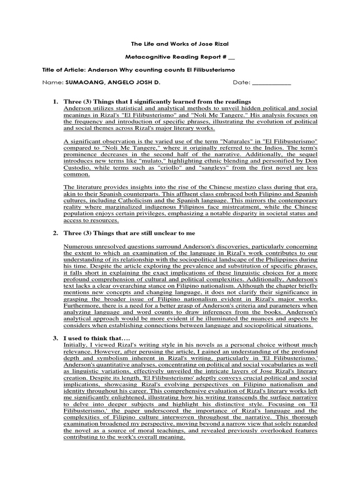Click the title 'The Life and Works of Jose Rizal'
pyautogui.click(x=180, y=44)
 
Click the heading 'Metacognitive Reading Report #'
pyautogui.click(x=177, y=57)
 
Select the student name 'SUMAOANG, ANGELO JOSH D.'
pyautogui.click(x=120, y=83)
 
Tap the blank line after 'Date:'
pyautogui.click(x=271, y=83)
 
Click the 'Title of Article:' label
pyautogui.click(x=65, y=70)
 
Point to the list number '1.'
pyautogui.click(x=55, y=102)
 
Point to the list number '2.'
pyautogui.click(x=55, y=233)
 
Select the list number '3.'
pyautogui.click(x=55, y=338)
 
